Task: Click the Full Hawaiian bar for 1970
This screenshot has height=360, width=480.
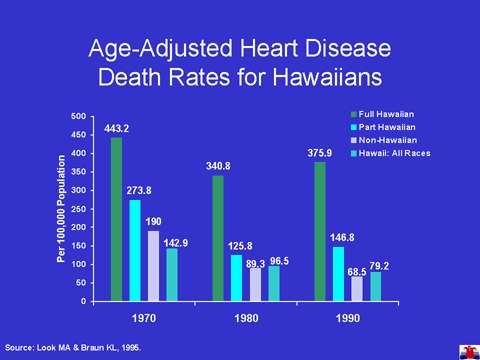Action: pos(116,219)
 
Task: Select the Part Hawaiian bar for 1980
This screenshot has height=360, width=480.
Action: pos(237,278)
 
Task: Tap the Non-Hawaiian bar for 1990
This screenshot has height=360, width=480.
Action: pos(357,289)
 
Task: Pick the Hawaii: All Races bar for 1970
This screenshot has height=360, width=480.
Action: pos(172,275)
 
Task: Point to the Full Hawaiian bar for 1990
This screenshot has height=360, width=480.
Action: pos(320,232)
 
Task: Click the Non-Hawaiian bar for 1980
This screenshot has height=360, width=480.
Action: pos(256,285)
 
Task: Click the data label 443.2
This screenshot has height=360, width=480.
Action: pos(116,129)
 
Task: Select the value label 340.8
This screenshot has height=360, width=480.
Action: pos(218,166)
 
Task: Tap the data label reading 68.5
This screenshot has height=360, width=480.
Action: pos(357,272)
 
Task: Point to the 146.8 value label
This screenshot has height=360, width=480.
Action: pos(342,238)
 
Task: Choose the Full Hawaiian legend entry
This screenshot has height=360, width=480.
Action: pos(383,114)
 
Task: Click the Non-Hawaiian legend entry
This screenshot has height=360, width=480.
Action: pos(384,140)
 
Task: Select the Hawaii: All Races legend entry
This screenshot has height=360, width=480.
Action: pos(391,153)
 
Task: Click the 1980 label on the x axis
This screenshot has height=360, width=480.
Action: pos(246,318)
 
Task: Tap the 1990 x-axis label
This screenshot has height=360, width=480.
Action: pos(348,318)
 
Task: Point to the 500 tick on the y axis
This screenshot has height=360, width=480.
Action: pos(78,116)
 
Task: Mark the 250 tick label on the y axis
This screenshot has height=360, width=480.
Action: pos(78,209)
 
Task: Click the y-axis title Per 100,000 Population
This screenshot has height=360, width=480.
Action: pos(61,209)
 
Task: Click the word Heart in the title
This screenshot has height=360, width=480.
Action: pos(269,48)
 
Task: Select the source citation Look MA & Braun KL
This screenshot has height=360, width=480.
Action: pos(89,348)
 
